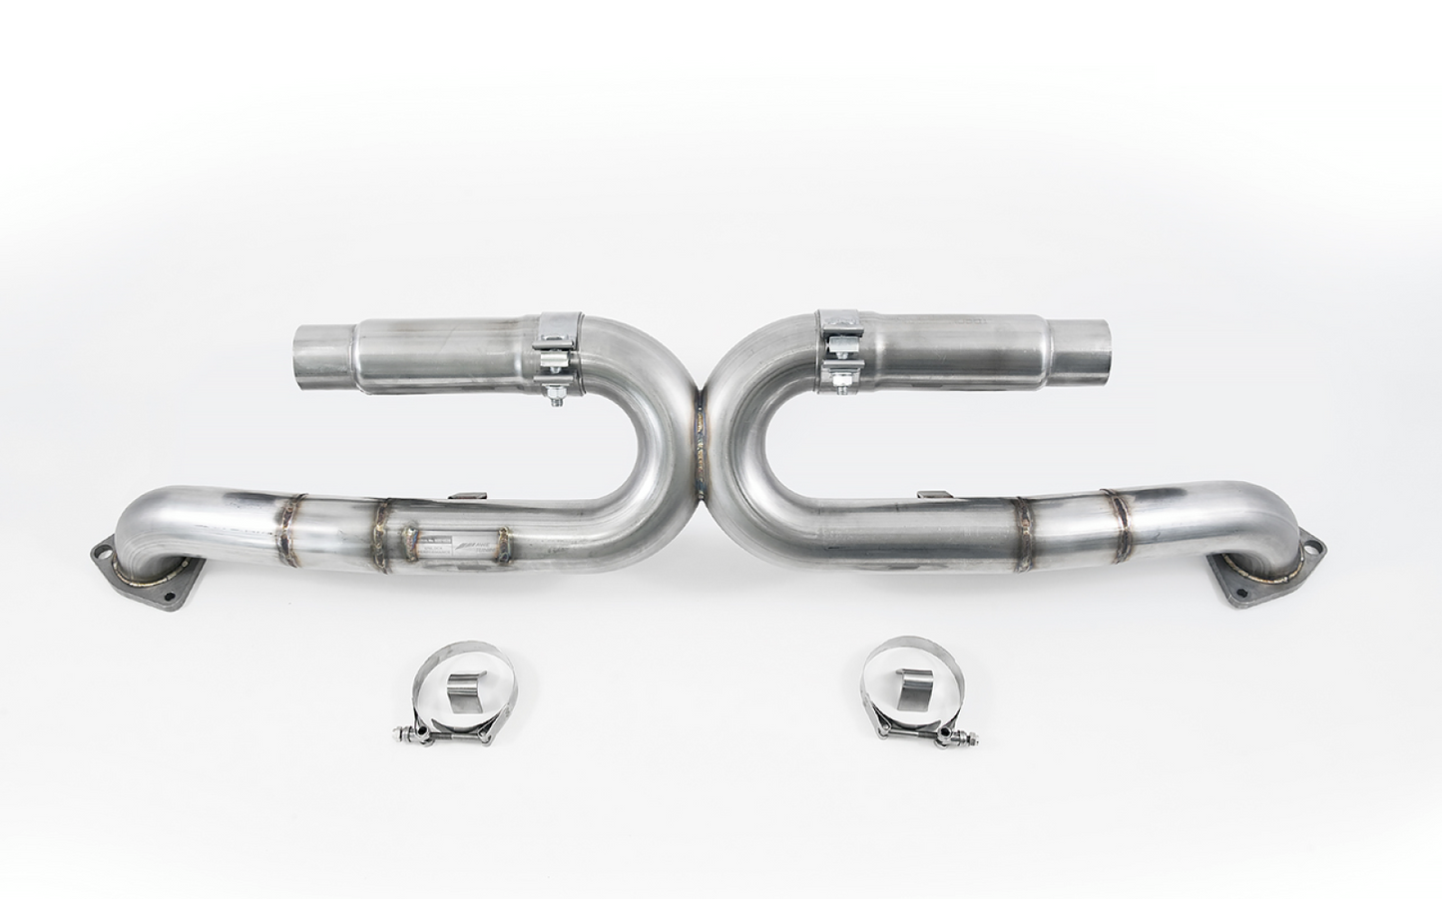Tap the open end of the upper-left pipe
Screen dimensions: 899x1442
pos(310,353)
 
